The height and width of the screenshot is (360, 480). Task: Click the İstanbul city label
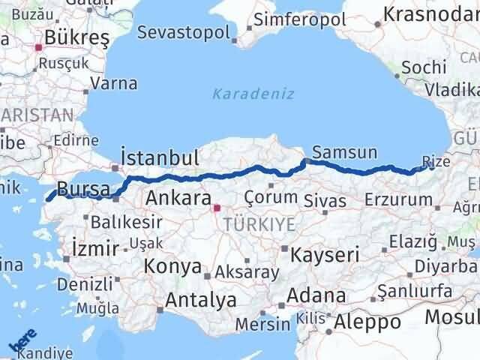(x=160, y=158)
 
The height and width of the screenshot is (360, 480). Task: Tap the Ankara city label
(x=178, y=198)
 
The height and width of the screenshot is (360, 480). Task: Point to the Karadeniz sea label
(x=253, y=94)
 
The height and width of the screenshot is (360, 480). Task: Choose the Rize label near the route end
(x=437, y=160)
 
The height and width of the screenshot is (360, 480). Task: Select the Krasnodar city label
(x=430, y=14)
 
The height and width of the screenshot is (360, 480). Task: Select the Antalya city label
(x=200, y=300)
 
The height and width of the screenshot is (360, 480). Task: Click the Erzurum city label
(x=398, y=199)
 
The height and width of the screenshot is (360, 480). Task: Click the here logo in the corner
(x=23, y=342)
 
